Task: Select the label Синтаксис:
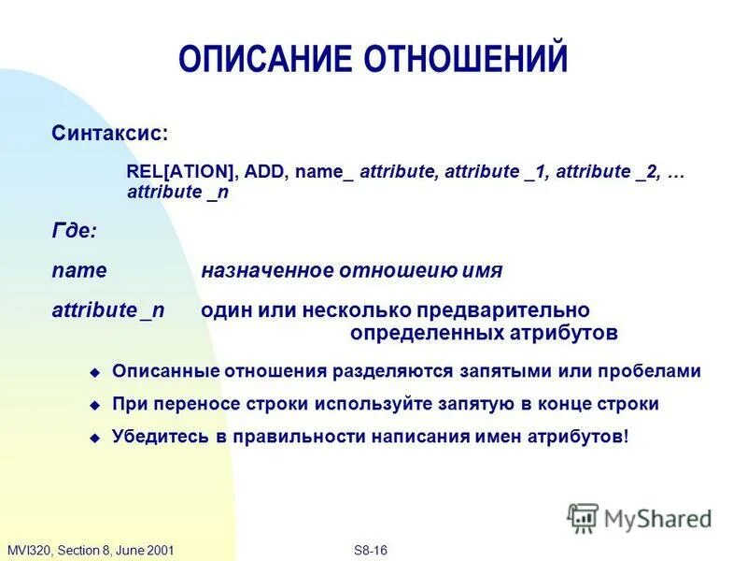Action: [x=110, y=134]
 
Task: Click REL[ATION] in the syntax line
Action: [x=180, y=172]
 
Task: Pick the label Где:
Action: [x=74, y=230]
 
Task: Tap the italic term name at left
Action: [x=79, y=271]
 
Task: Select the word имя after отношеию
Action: [x=482, y=271]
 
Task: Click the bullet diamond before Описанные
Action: [x=93, y=372]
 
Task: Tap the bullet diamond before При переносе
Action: [x=93, y=406]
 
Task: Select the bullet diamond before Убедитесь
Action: [x=93, y=438]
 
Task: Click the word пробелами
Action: [x=655, y=371]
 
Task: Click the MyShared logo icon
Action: [x=584, y=516]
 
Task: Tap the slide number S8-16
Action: [x=372, y=550]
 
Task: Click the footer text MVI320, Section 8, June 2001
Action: [x=91, y=550]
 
